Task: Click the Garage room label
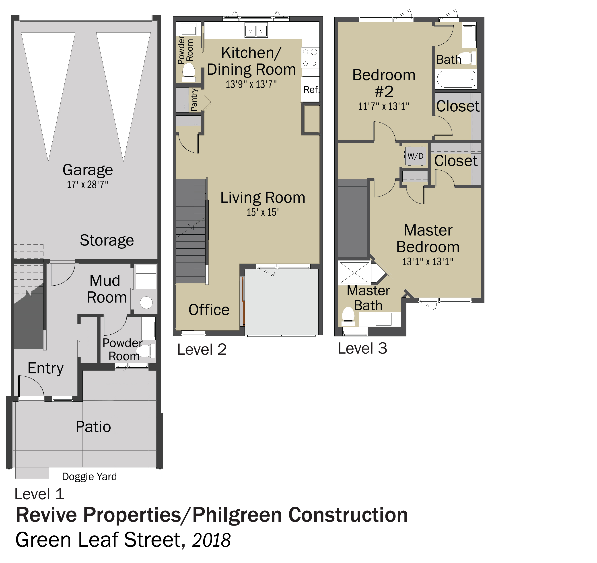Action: [88, 170]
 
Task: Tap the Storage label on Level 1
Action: [107, 240]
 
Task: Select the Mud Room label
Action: [107, 289]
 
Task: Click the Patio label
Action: [93, 426]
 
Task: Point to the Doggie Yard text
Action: [89, 477]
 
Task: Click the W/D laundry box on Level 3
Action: [416, 156]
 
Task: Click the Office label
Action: [209, 310]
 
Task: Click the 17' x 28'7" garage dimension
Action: [88, 184]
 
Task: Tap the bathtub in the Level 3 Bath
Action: [456, 79]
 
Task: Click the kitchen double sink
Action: [256, 31]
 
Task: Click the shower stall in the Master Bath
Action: [354, 273]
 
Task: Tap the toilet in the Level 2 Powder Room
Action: [189, 72]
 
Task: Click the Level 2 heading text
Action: [202, 349]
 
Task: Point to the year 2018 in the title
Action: [211, 540]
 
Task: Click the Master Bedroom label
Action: [428, 239]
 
